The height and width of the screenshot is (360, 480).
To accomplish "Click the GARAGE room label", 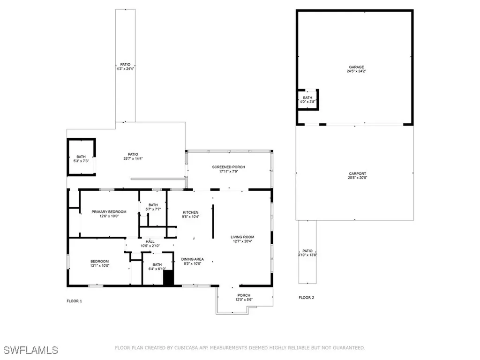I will coord(355,67).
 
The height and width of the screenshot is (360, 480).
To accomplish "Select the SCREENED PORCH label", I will coord(228,167).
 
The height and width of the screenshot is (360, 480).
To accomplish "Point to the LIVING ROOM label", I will coord(242,237).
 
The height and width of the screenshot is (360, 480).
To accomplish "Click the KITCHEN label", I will coord(190,212).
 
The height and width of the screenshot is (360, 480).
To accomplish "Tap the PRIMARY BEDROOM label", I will coord(109,212).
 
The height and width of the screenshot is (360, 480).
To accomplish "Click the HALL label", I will coord(150,242).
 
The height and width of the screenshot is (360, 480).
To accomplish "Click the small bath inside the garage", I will coord(307,99).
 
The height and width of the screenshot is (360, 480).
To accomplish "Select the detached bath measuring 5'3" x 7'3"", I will coord(81,159).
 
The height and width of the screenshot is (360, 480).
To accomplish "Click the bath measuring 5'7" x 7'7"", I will coord(153,207).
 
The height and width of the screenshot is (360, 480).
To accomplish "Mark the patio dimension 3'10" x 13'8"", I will coord(307,255).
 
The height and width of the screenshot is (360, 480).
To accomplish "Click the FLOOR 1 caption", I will coord(74,301).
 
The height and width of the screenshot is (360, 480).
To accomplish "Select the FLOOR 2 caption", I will coord(307,298).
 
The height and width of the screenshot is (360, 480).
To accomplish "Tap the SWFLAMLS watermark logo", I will coord(31,350).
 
